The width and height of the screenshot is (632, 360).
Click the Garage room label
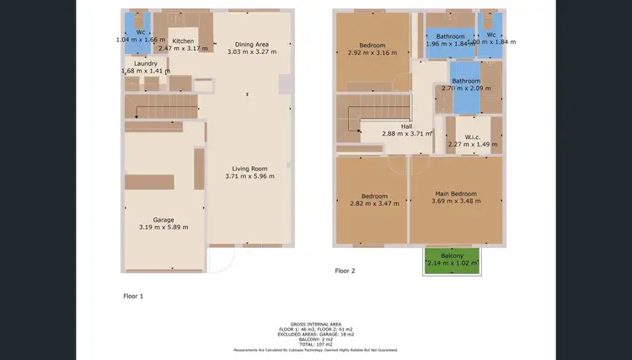[163, 220]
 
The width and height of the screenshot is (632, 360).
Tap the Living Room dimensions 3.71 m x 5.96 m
[250, 176]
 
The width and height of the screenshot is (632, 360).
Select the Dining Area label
[252, 44]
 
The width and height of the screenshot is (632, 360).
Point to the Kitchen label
[183, 40]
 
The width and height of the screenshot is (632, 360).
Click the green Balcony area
[452, 260]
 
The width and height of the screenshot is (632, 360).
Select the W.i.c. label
[473, 137]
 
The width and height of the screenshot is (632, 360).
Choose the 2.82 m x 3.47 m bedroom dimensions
[374, 203]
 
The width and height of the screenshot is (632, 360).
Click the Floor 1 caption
[134, 297]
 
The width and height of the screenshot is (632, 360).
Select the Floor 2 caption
[345, 271]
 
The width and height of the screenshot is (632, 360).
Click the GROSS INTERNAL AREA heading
[316, 324]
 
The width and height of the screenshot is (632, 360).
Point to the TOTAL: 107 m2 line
[316, 343]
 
